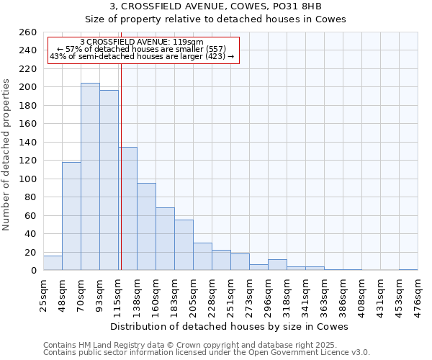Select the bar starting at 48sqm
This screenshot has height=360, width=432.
71,216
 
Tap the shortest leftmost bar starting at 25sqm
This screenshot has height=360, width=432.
53,263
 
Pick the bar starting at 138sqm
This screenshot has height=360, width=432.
146,227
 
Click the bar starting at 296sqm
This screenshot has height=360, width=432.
277,265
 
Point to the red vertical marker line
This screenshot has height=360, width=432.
121,166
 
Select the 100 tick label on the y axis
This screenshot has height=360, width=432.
28,179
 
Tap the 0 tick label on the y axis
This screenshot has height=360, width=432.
34,271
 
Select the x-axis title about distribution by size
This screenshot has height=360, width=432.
230,326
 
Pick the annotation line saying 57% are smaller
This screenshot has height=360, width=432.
142,49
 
